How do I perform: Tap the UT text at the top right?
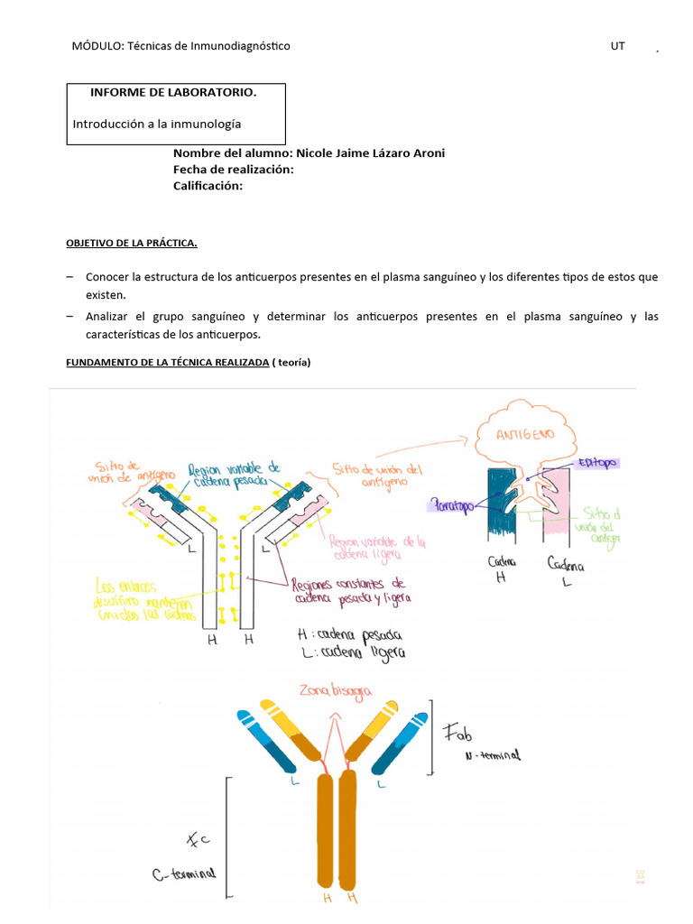coord(617,46)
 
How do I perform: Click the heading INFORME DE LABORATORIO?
coord(173,93)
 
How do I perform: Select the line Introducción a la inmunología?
coord(157,124)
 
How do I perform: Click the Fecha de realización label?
coord(234,170)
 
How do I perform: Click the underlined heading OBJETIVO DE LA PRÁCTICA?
coord(132,244)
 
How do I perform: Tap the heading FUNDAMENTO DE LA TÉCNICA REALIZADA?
coord(168,362)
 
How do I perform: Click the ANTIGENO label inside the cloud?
coord(524,435)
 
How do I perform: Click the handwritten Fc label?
coord(198,841)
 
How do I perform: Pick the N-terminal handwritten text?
coord(493,756)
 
